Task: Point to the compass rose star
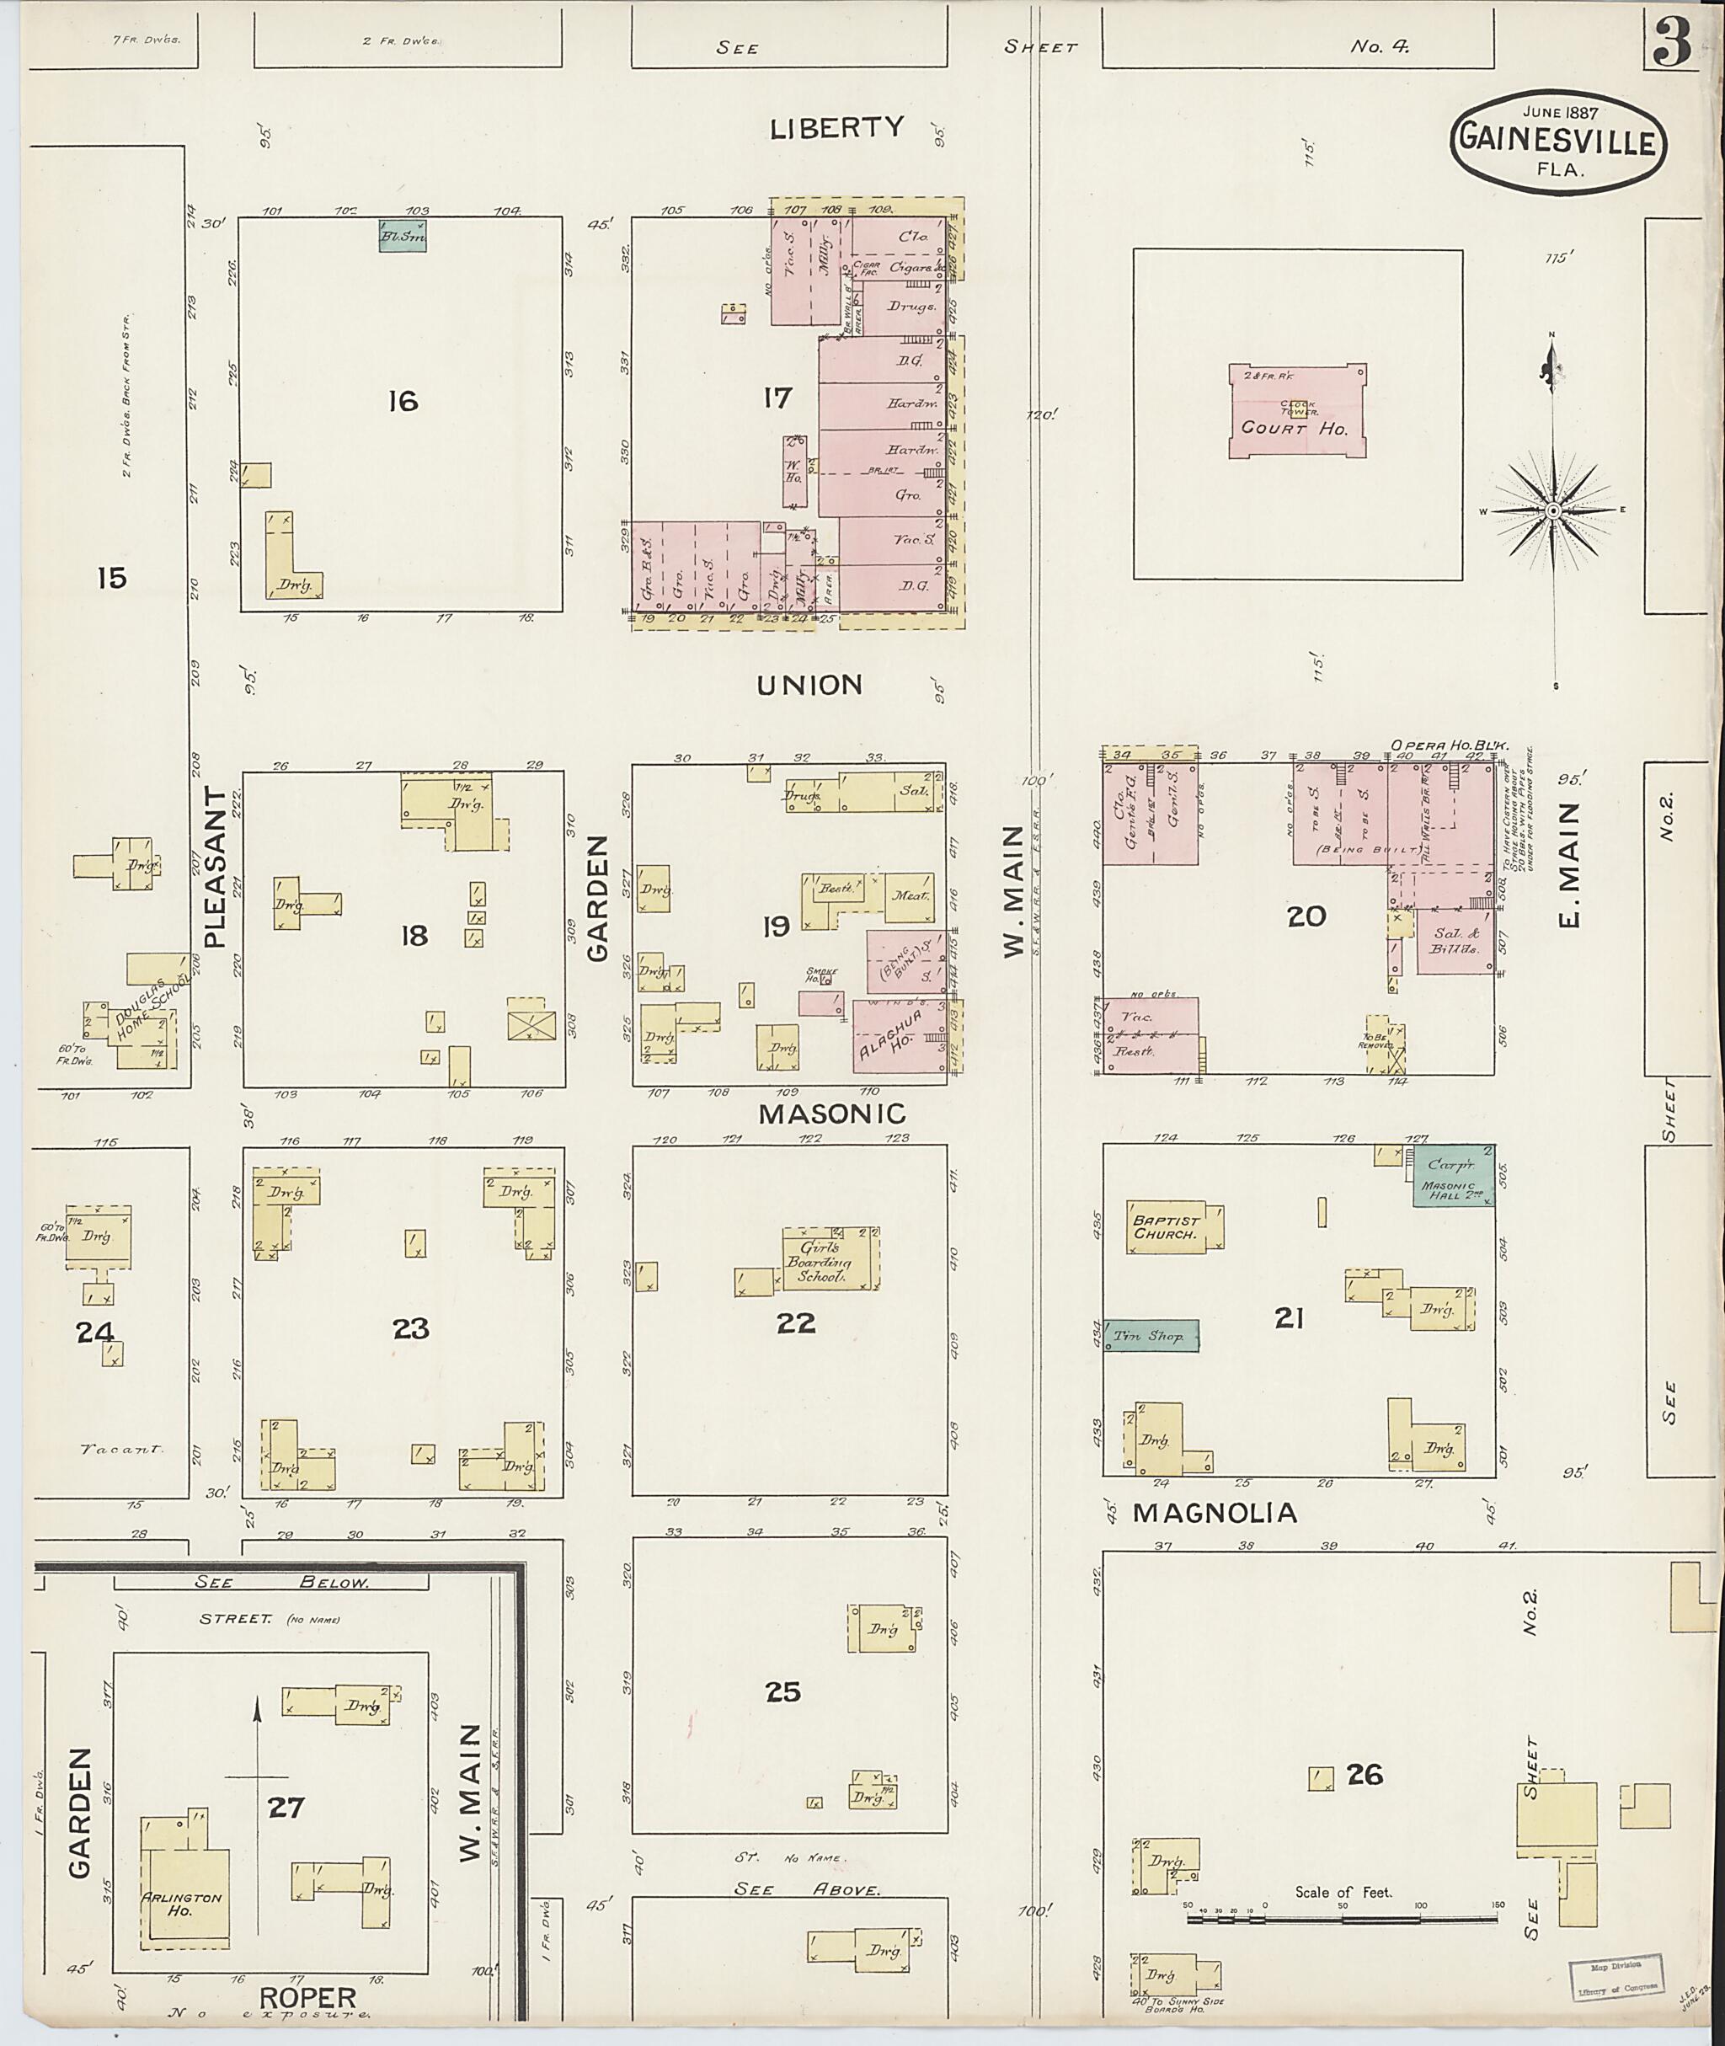(x=1553, y=511)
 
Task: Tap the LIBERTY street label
(x=836, y=128)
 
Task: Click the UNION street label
(x=809, y=686)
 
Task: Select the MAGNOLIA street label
(x=1214, y=1513)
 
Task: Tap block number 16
(x=403, y=401)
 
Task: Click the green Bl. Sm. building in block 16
(x=403, y=236)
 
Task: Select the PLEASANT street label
(x=216, y=868)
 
